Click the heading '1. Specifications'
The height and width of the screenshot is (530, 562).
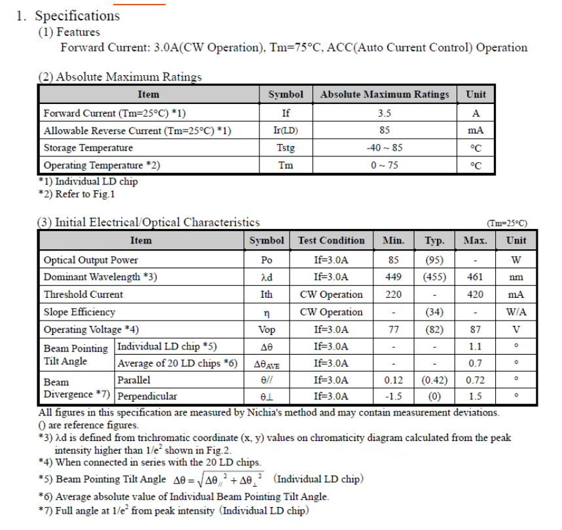point(68,15)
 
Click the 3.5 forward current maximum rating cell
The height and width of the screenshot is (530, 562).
point(384,113)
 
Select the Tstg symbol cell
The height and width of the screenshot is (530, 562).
point(286,148)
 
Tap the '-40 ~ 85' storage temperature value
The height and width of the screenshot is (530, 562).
point(384,148)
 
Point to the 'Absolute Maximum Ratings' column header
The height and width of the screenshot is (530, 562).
point(384,94)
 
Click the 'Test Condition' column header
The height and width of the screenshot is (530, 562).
point(331,240)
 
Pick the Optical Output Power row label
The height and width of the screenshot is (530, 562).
point(91,260)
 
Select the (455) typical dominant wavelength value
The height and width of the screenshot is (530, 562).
point(434,277)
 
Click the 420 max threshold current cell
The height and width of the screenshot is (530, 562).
point(475,294)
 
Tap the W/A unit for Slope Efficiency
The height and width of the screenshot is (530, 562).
point(516,312)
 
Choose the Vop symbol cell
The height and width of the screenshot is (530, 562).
point(267,330)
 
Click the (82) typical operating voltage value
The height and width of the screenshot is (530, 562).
point(434,330)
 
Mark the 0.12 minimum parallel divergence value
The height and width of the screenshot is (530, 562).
point(394,380)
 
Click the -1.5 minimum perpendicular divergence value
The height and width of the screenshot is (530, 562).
point(394,397)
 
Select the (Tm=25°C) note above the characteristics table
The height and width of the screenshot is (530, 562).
point(506,223)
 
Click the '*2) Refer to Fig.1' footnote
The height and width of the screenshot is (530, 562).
point(77,194)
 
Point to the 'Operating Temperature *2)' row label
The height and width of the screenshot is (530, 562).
point(102,166)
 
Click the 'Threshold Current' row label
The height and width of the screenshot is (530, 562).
point(83,294)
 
